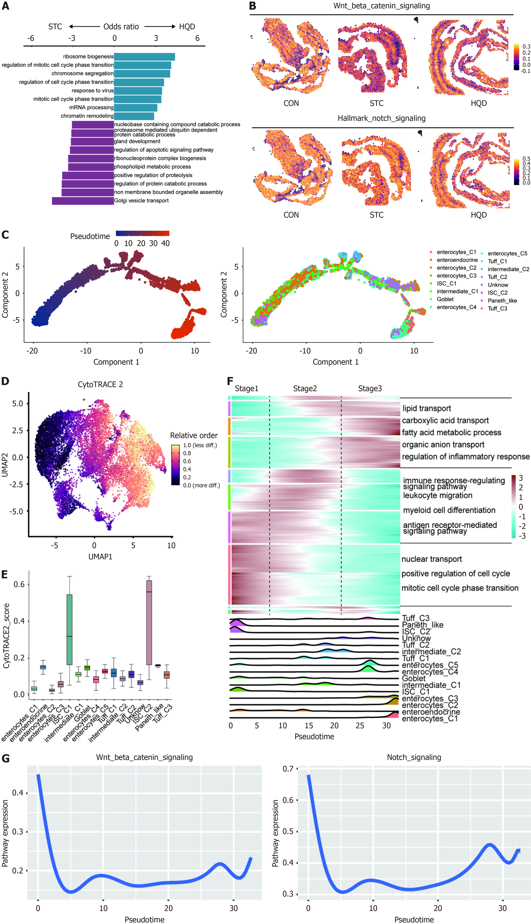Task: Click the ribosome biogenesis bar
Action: coord(144,57)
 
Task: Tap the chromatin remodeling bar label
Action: coord(87,116)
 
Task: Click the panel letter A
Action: coord(5,6)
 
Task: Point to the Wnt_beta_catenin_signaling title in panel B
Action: coord(382,6)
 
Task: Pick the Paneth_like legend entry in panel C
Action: coord(502,301)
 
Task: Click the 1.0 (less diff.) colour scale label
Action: coord(200,445)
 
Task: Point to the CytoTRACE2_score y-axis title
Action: coord(6,636)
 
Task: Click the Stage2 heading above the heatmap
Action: coord(305,388)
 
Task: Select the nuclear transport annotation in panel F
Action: coord(431,559)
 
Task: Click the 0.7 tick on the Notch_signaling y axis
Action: coord(288,769)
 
